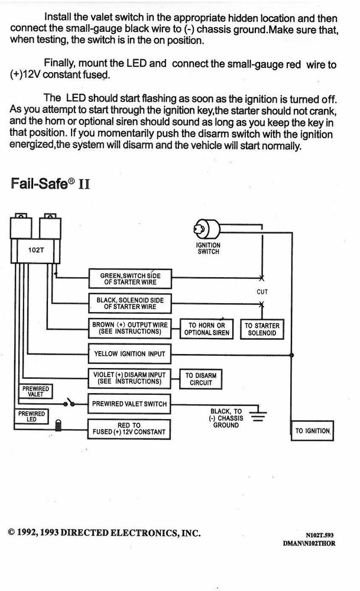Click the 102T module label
(x=35, y=250)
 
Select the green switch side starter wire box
(x=129, y=279)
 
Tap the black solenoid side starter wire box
(x=129, y=304)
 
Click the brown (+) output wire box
(x=129, y=329)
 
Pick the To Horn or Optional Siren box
(x=206, y=329)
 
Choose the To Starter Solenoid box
(x=262, y=329)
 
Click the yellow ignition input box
(x=129, y=354)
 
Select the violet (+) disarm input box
(x=129, y=379)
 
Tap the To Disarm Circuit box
(x=201, y=379)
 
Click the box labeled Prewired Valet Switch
(x=129, y=404)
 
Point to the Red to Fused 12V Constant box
(x=129, y=428)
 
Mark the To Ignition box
(x=313, y=431)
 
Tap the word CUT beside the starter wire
(x=262, y=292)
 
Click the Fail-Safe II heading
(x=50, y=184)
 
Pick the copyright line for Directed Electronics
(x=104, y=532)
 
